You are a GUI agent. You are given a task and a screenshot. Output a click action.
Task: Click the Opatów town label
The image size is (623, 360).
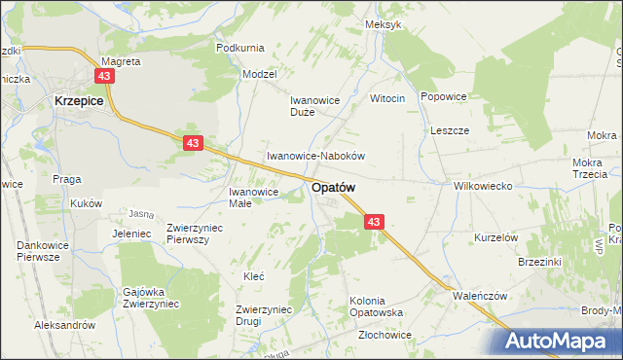333,188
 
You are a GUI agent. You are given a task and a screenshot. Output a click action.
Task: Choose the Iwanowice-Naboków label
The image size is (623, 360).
315,156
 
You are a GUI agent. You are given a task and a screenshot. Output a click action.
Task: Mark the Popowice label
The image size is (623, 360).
444,97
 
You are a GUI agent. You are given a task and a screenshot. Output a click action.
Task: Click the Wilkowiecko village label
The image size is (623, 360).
483,185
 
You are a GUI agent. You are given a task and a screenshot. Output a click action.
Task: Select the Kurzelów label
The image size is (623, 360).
494,237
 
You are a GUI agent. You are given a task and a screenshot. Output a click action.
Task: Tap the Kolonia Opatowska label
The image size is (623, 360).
381,306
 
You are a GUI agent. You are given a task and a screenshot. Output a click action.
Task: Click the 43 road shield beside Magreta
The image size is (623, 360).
105,75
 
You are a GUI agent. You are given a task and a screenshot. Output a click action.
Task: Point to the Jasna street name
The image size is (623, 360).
141,214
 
